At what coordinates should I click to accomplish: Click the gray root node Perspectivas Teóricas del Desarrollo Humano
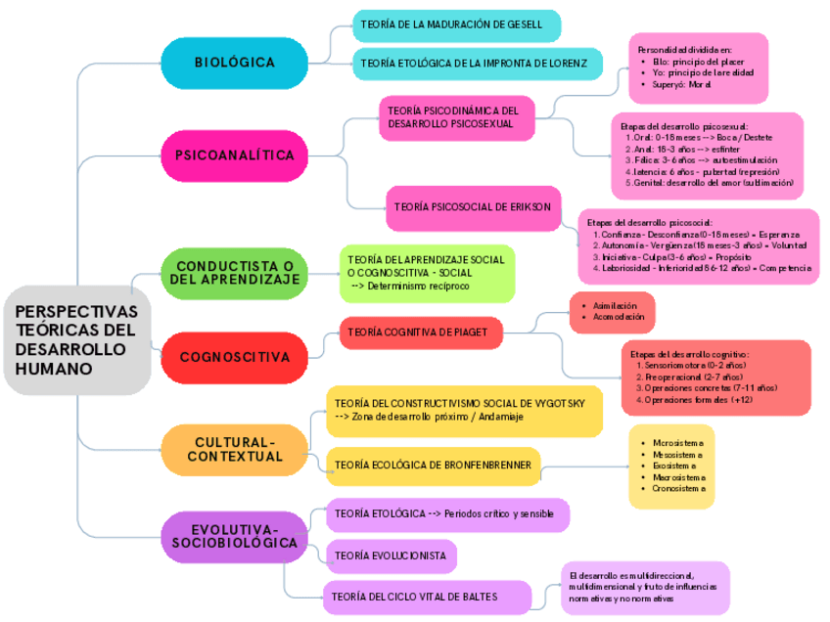pyautogui.click(x=76, y=340)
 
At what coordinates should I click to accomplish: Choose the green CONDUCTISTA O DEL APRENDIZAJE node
pyautogui.click(x=235, y=272)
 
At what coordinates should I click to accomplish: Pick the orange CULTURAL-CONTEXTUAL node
pyautogui.click(x=235, y=450)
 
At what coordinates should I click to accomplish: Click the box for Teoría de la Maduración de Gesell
pyautogui.click(x=456, y=24)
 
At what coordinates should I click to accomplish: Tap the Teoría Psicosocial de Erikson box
pyautogui.click(x=473, y=206)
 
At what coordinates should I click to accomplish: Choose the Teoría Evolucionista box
pyautogui.click(x=390, y=555)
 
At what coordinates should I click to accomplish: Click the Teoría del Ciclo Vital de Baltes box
pyautogui.click(x=428, y=596)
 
